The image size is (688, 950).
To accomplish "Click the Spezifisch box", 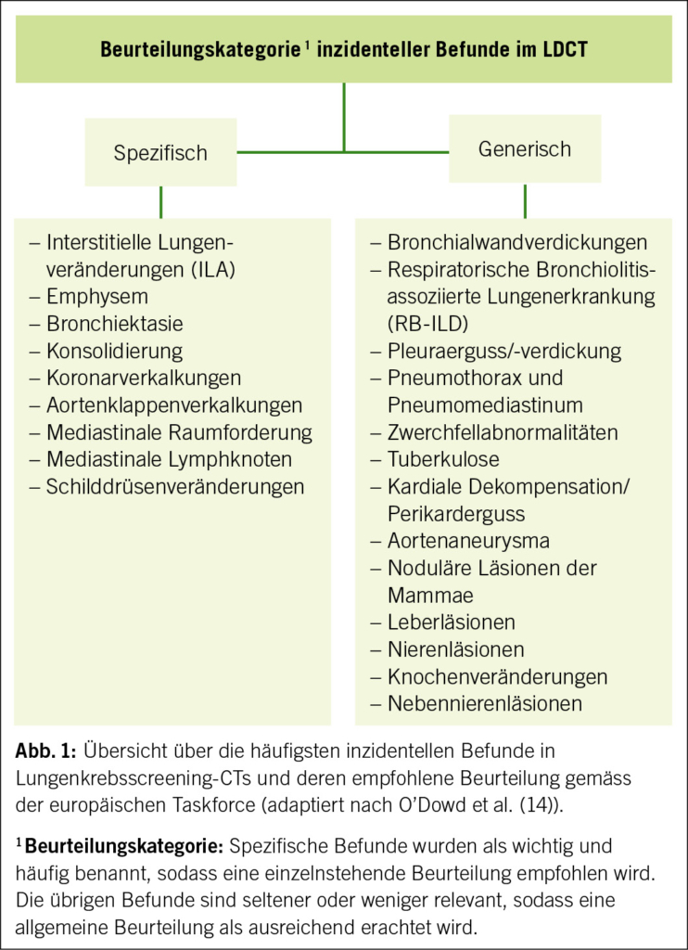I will coord(160,152).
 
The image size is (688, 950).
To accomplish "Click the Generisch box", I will coord(524,148).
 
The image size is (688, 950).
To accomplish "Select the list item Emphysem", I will coord(97,297).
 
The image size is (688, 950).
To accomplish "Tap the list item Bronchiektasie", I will coord(115,324).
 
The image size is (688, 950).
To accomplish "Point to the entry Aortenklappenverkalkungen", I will coord(174,404).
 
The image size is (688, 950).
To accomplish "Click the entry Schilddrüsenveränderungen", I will coord(175,486).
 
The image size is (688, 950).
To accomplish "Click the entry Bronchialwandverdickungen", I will coord(517,243).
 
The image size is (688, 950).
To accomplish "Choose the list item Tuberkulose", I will coord(443,459).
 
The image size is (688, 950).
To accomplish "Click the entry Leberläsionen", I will coord(452,622).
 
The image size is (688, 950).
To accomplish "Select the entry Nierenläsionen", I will coord(456,649).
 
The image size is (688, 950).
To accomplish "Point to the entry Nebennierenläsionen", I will coord(485,703).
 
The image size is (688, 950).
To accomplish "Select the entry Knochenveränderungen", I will coord(498,676).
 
